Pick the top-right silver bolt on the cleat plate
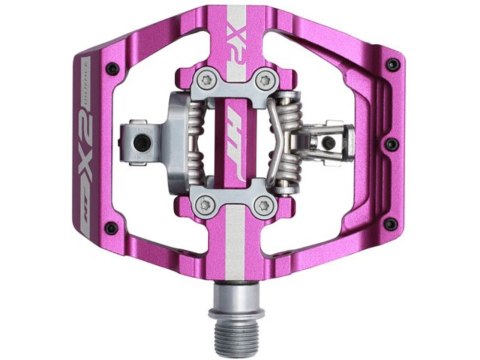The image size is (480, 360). [x=264, y=80]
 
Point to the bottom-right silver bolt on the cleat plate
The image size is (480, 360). [x=263, y=204]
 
